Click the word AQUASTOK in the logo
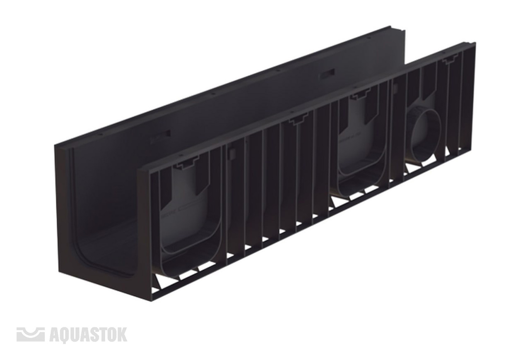(x=89, y=334)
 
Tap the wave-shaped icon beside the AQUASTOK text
(x=31, y=334)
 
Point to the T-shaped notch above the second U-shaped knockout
(x=360, y=93)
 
